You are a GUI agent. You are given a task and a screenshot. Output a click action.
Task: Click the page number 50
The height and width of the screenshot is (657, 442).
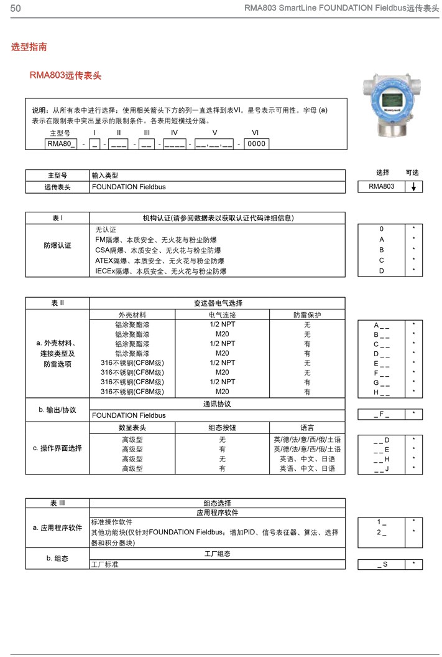16,8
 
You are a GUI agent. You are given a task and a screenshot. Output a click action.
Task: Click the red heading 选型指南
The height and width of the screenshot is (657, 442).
29,47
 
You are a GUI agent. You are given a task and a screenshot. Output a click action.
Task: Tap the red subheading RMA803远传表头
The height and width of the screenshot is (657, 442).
65,75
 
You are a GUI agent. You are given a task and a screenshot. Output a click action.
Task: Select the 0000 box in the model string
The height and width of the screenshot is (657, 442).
256,144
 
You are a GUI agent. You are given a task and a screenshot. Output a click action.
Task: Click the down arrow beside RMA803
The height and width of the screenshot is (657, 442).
413,187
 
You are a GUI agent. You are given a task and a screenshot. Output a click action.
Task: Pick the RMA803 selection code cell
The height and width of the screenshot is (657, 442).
381,187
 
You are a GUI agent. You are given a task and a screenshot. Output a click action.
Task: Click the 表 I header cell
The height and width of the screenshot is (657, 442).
57,218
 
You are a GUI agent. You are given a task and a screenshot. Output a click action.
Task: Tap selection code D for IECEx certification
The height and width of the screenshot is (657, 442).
382,271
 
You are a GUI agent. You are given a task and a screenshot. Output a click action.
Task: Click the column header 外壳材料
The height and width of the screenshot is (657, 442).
132,315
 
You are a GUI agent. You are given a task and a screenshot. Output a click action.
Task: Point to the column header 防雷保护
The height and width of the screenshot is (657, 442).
307,315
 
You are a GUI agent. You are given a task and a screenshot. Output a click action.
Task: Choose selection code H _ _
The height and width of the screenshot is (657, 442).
382,392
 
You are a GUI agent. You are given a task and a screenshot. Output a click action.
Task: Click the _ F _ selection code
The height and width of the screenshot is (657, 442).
382,414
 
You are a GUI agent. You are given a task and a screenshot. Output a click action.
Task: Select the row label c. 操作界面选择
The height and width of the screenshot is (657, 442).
57,448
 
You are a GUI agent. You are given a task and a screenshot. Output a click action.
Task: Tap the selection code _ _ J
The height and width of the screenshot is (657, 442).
382,469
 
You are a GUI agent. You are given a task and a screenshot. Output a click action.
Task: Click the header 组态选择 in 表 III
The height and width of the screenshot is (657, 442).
217,503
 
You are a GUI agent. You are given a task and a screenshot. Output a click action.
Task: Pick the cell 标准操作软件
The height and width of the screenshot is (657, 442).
112,522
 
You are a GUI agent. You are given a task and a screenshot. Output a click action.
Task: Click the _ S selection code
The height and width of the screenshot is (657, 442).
382,564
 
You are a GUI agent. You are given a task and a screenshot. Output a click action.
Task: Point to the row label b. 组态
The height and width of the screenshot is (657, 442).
57,559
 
